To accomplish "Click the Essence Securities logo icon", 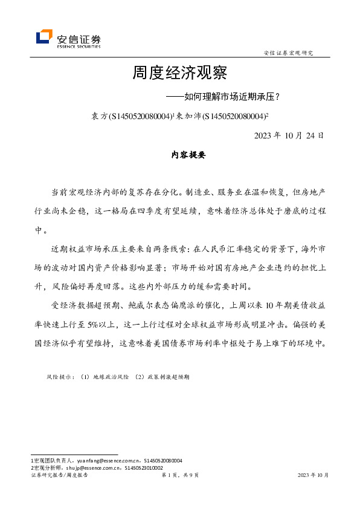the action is pyautogui.click(x=44, y=38).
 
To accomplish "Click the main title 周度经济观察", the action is pyautogui.click(x=180, y=74).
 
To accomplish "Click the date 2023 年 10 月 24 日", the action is pyautogui.click(x=290, y=135).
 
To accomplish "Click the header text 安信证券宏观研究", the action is pyautogui.click(x=289, y=53).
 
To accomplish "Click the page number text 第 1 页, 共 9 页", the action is pyautogui.click(x=180, y=475).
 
